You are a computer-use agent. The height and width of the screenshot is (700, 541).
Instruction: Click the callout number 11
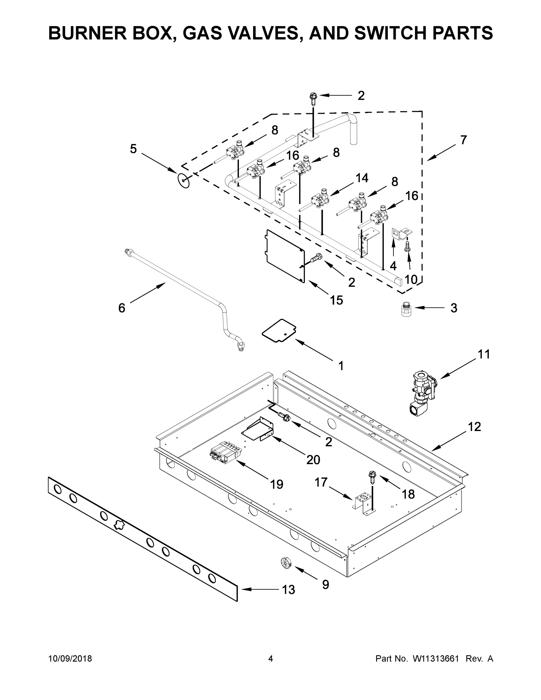pyautogui.click(x=484, y=354)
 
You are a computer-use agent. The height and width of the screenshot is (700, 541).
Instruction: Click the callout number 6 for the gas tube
pyautogui.click(x=122, y=308)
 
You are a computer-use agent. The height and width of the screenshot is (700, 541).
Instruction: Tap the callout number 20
pyautogui.click(x=313, y=460)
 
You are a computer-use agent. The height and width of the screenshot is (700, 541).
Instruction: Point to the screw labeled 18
pyautogui.click(x=372, y=478)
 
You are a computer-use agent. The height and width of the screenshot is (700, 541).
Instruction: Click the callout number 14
pyautogui.click(x=362, y=178)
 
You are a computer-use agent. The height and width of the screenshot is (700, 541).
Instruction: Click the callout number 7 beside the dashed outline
pyautogui.click(x=463, y=140)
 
